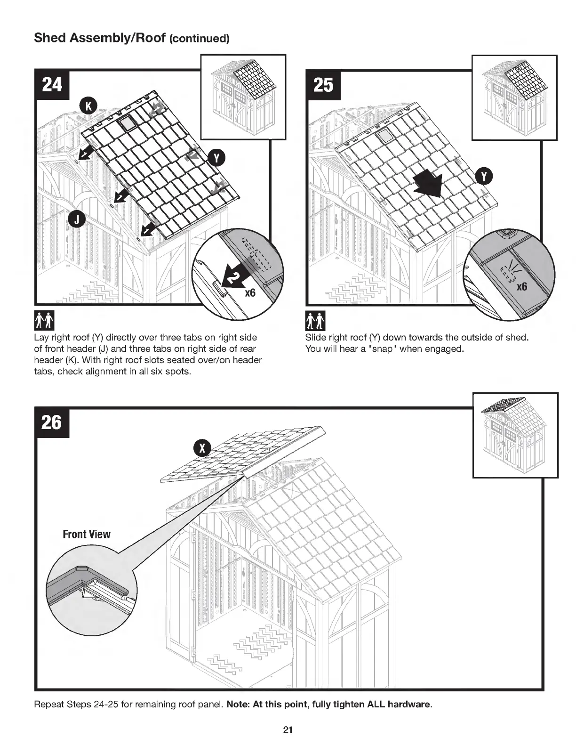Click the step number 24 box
52,85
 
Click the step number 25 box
323,85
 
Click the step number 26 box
52,422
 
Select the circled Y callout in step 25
485,177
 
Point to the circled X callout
202,448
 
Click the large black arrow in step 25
428,182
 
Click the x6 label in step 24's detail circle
249,293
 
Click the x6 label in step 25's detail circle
521,286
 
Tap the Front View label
87,534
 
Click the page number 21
288,730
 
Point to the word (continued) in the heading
199,39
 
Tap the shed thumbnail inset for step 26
515,435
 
